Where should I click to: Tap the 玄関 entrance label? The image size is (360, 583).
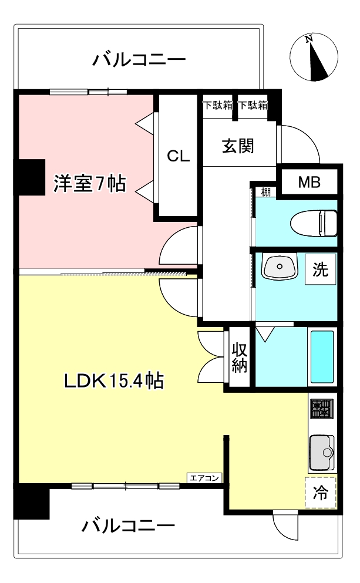pos(238,146)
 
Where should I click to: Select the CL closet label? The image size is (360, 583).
pos(178,156)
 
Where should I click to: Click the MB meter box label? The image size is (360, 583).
pos(309,183)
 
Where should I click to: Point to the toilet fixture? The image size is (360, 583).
pos(314,223)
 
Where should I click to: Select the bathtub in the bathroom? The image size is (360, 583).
pos(321,356)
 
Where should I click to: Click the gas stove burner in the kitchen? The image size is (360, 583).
pos(321,408)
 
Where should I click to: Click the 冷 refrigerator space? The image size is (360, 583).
pos(320,492)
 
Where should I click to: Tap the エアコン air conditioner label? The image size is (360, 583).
pos(204,478)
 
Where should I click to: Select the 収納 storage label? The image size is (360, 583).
pos(240,358)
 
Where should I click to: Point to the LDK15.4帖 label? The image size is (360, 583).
pos(114,381)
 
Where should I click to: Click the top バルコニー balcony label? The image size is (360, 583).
pos(139,60)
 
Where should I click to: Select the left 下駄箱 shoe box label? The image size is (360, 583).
pos(218,105)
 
